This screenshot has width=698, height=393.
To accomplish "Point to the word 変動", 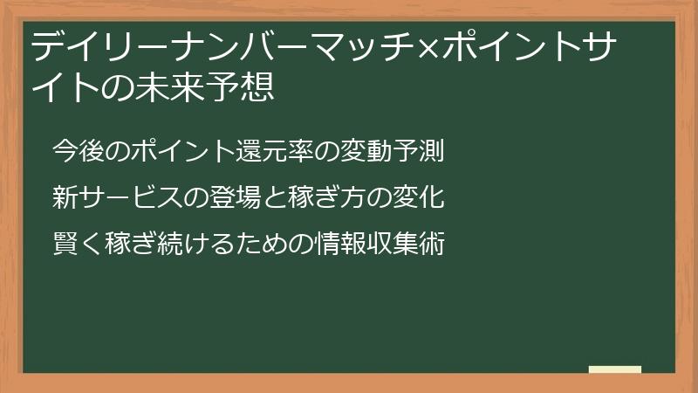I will pyautogui.click(x=366, y=151).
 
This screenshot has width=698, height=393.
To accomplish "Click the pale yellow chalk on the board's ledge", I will pyautogui.click(x=614, y=369).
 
